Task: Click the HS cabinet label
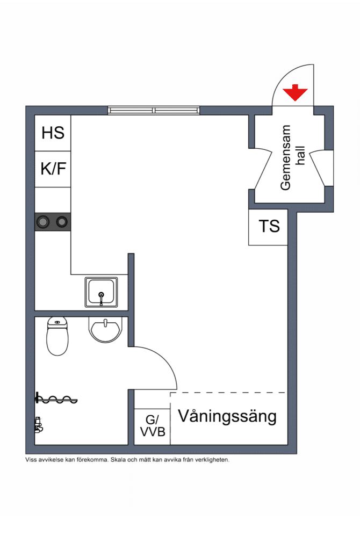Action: (x=53, y=133)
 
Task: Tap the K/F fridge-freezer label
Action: (x=53, y=169)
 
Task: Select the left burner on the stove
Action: (x=44, y=222)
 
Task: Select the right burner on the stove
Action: (x=62, y=222)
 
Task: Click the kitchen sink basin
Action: (x=101, y=292)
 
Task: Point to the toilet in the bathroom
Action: (x=57, y=336)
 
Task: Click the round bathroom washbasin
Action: (x=105, y=330)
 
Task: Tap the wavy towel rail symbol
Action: (x=56, y=399)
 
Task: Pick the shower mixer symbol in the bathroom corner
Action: (x=39, y=425)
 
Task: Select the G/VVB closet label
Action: (x=152, y=426)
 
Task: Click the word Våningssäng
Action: (x=227, y=417)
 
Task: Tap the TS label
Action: (x=269, y=226)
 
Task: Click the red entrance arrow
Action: (x=296, y=92)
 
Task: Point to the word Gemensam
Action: (x=286, y=157)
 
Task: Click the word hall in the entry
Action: (x=300, y=155)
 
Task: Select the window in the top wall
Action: (x=154, y=110)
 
